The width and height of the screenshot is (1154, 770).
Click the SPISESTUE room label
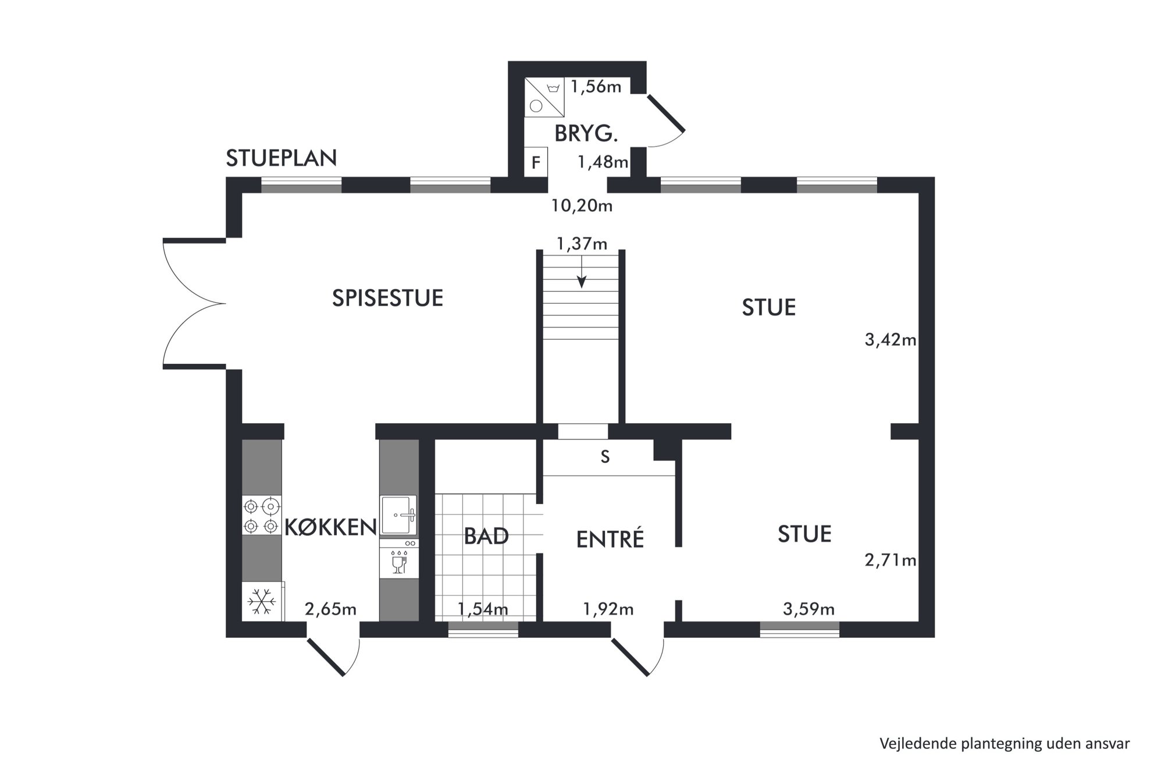coord(387,298)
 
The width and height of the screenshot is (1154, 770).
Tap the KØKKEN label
coord(330,527)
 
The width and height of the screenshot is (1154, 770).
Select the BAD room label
coord(486,536)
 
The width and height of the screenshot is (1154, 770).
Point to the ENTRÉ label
coord(610,539)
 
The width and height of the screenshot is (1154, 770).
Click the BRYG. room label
coord(586,134)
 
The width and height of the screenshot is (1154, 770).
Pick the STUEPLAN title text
coord(282,158)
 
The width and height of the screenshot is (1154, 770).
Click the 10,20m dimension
coord(582,206)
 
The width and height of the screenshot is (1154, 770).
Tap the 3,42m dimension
coord(891,340)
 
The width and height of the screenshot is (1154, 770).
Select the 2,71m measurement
coord(891,560)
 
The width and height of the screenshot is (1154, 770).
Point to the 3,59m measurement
coord(809,609)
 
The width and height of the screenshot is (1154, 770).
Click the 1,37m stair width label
coord(582,244)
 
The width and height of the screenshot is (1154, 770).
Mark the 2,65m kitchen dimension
coord(330,609)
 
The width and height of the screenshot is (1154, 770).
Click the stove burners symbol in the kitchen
coord(262,515)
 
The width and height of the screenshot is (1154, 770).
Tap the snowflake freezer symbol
coord(262,601)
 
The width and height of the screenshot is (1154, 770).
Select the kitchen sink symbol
coord(398,515)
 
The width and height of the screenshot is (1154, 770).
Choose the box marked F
coord(536,162)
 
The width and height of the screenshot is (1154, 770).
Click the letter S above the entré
coord(605,457)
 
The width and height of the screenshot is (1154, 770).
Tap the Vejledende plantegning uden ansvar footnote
coord(1005,744)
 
